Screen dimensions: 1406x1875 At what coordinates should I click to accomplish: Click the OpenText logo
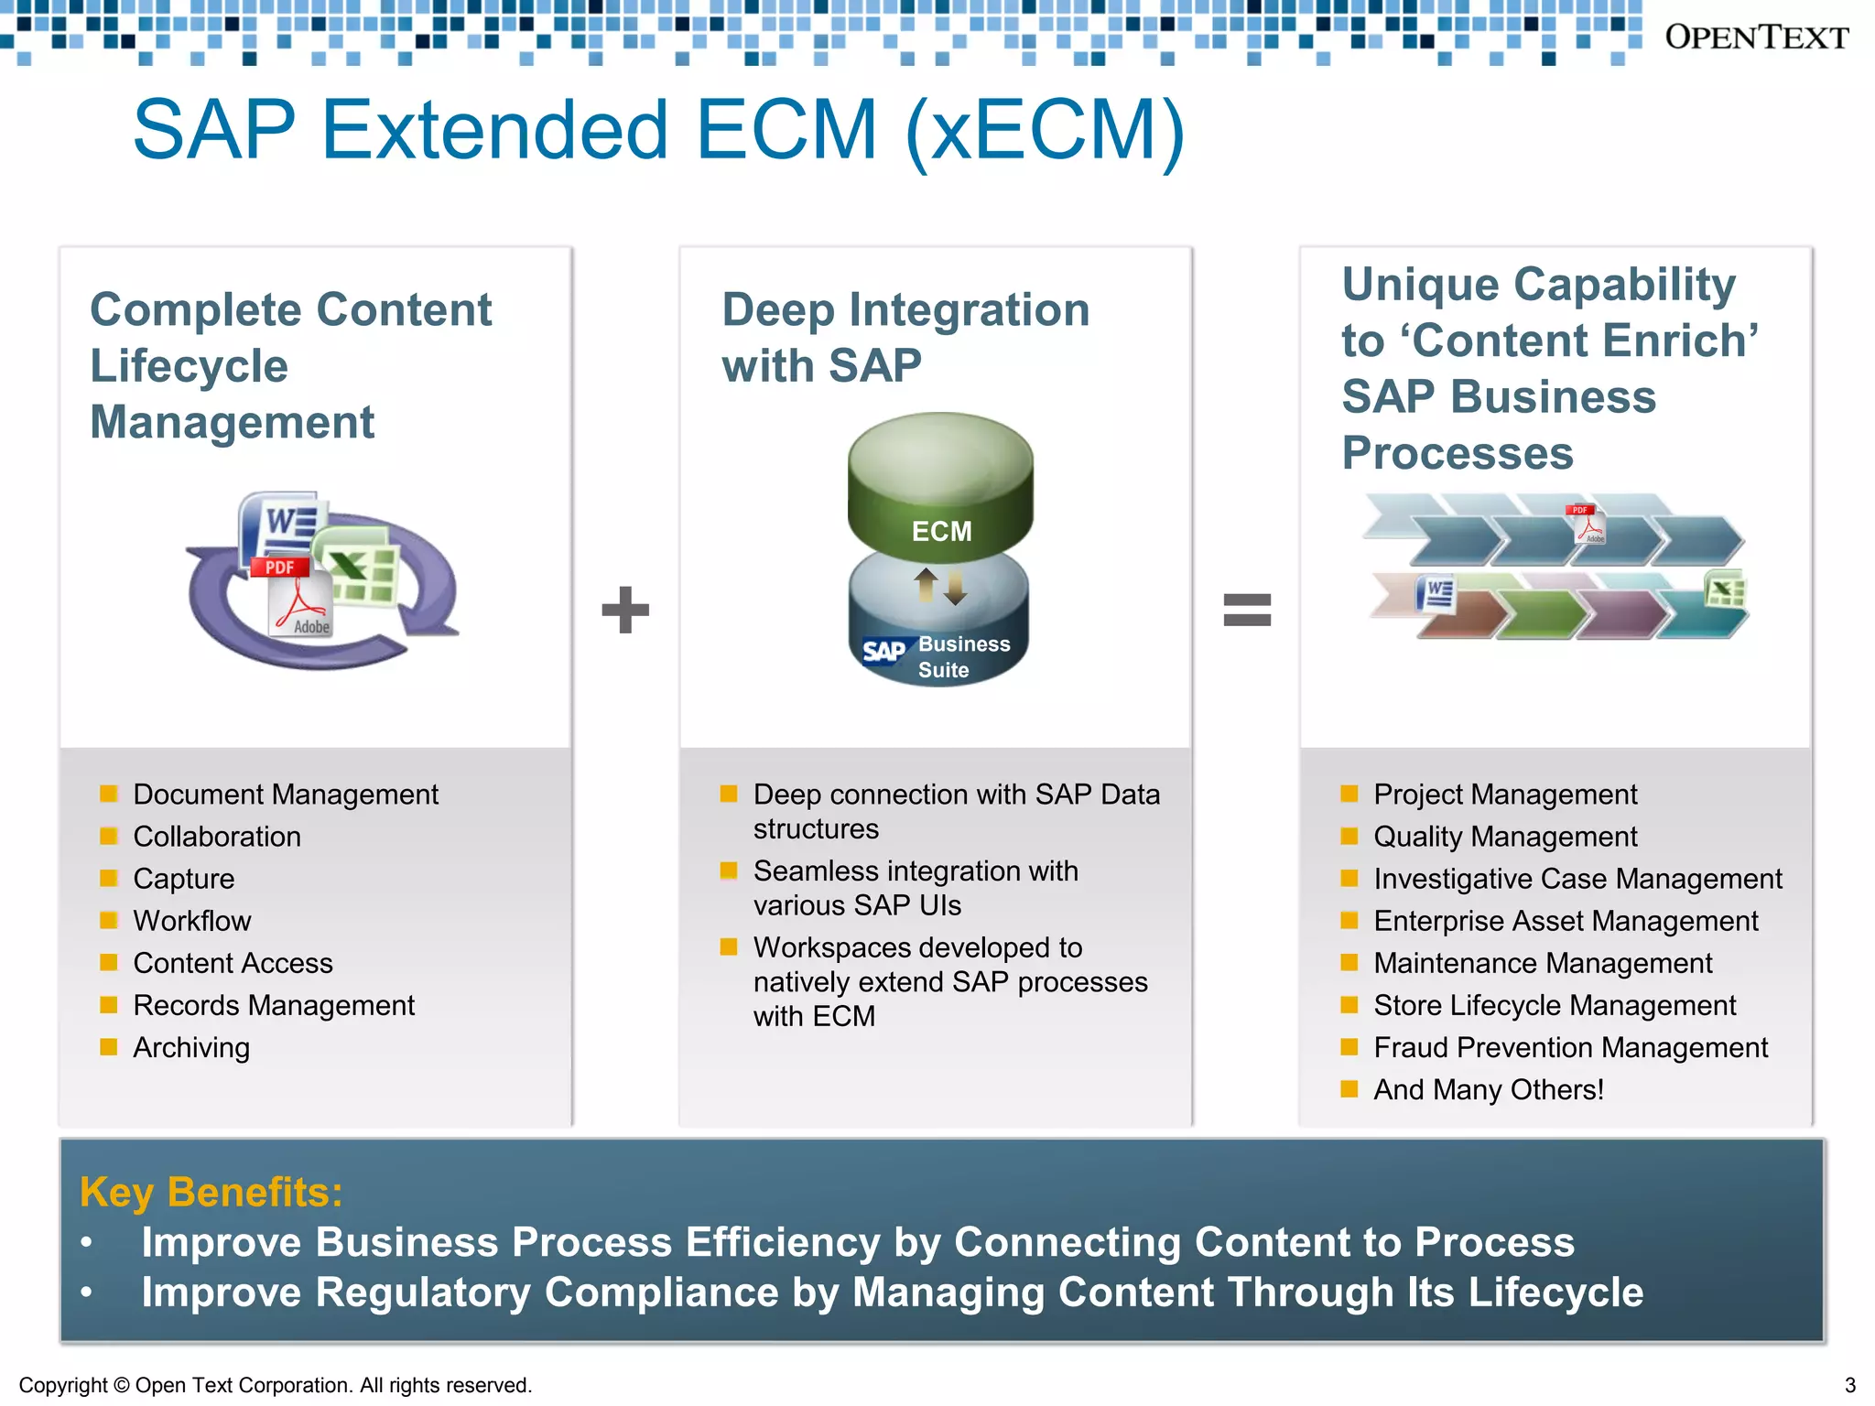point(1755,38)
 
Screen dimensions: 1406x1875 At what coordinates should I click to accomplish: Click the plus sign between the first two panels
point(625,610)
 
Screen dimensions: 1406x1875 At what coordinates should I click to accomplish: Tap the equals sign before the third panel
point(1247,610)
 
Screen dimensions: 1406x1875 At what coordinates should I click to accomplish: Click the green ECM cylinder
point(940,485)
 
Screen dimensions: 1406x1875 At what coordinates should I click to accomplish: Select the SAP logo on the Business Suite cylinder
point(883,651)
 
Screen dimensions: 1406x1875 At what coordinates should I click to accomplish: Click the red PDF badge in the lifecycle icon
point(279,567)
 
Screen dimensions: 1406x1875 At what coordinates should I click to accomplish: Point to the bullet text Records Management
point(273,1005)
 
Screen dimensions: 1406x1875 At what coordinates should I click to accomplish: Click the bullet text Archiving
point(190,1047)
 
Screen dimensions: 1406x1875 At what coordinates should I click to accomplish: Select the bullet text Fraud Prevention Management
point(1570,1047)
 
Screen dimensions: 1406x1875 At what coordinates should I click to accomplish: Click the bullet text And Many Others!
point(1488,1089)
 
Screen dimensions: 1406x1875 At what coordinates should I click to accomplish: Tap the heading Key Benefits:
point(211,1192)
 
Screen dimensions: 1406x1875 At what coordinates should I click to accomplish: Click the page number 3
point(1849,1385)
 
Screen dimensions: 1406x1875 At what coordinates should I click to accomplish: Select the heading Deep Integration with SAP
point(905,337)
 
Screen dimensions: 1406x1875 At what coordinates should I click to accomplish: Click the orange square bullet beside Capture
point(108,878)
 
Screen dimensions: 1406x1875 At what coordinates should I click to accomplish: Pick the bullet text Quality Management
point(1504,836)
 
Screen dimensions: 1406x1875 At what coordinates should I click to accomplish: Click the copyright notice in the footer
point(275,1385)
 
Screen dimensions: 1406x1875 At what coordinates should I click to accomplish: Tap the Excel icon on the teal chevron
point(1726,590)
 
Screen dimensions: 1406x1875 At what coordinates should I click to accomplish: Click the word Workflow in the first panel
point(191,921)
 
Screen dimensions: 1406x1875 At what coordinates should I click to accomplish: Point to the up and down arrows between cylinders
point(940,586)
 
